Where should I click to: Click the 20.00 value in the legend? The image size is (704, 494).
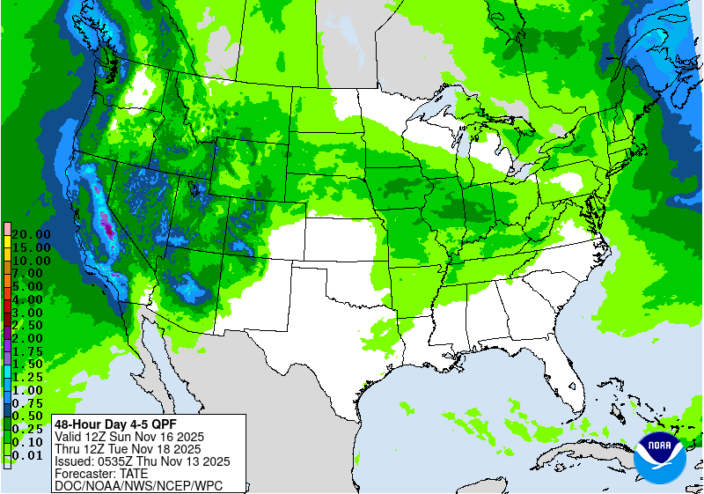[31, 234]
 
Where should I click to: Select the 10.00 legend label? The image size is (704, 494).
[31, 261]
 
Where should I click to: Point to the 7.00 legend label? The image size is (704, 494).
[31, 273]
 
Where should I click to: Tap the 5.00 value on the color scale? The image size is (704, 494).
[31, 286]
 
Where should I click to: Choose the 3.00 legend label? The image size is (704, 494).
[31, 312]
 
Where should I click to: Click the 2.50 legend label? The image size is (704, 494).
[31, 325]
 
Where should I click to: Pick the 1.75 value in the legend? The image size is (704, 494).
[31, 350]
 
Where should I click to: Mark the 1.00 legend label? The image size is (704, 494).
[31, 389]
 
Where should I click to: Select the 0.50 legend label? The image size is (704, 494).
[31, 415]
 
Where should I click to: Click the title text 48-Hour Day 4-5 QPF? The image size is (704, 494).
[109, 424]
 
